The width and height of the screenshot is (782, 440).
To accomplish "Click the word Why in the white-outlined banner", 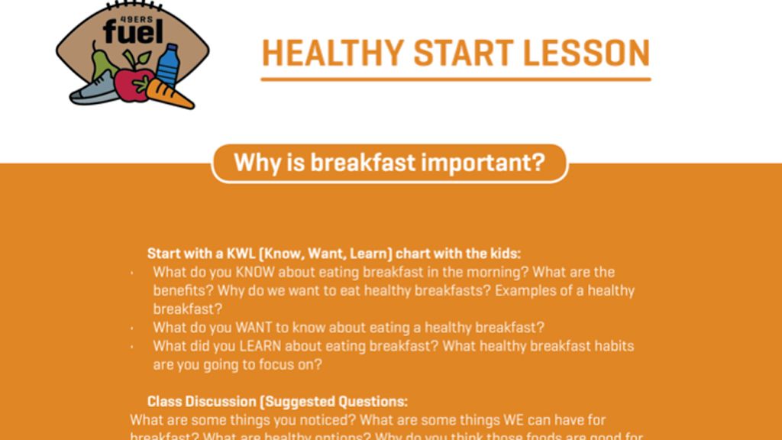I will pos(254,163).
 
